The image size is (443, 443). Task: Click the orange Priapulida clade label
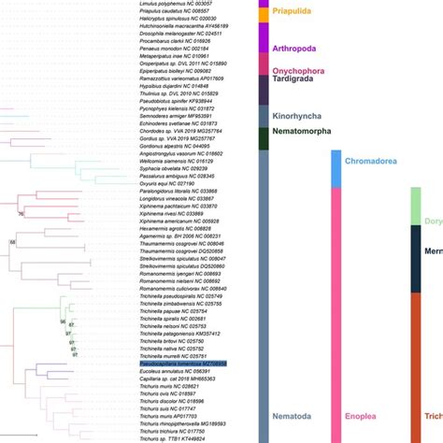293,12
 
